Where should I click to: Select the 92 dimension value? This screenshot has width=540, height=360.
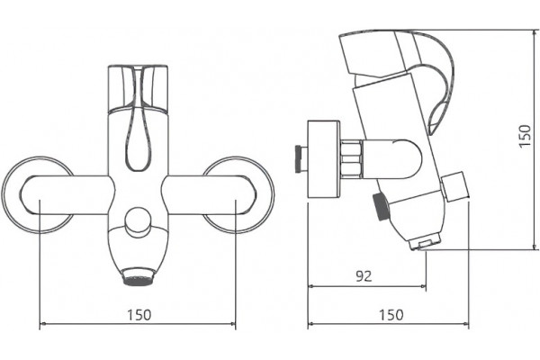364,276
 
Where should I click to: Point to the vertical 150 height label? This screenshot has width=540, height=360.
525,137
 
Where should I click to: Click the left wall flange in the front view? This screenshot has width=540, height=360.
10,195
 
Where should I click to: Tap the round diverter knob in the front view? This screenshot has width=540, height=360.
138,221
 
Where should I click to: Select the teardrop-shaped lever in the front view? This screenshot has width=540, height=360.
139,138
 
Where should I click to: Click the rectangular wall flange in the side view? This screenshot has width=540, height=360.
323,159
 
